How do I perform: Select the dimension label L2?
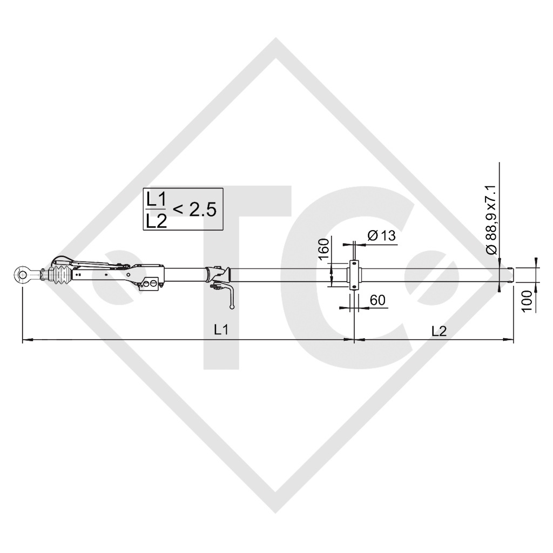(x=439, y=330)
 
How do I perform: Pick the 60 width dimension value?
(x=377, y=300)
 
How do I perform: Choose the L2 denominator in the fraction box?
(x=156, y=220)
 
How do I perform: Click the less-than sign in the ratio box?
(x=177, y=210)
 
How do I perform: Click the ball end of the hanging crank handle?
(x=232, y=307)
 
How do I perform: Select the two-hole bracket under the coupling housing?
(x=151, y=284)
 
